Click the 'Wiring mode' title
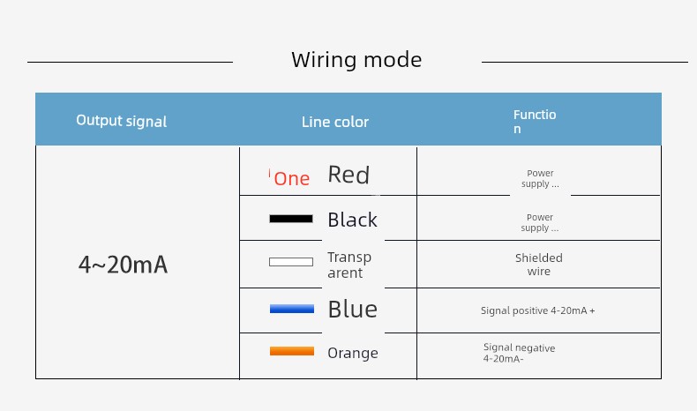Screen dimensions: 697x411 (x=356, y=60)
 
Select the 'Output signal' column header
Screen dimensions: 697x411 (x=122, y=121)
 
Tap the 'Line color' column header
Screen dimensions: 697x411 (x=335, y=122)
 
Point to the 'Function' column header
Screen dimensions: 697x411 (x=535, y=122)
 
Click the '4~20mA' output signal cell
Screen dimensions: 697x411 (x=124, y=265)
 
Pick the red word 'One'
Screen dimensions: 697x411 (x=292, y=179)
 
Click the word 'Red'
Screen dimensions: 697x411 (x=348, y=174)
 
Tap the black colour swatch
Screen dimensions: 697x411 (x=291, y=219)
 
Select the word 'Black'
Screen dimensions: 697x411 (x=353, y=220)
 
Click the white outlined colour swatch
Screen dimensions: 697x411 (x=291, y=262)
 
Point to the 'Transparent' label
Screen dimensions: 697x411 (x=349, y=265)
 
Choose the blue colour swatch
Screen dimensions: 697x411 (x=292, y=309)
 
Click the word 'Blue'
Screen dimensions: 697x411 (x=353, y=309)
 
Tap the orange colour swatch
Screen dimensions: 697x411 (x=292, y=351)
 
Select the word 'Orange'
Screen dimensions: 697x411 (x=353, y=354)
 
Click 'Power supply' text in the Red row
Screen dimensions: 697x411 (x=540, y=179)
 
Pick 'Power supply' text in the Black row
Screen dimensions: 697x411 (x=540, y=222)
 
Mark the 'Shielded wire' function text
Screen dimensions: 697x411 (x=539, y=265)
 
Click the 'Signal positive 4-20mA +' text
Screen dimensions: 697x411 (x=538, y=310)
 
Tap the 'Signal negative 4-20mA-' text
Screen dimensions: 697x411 (x=519, y=354)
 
